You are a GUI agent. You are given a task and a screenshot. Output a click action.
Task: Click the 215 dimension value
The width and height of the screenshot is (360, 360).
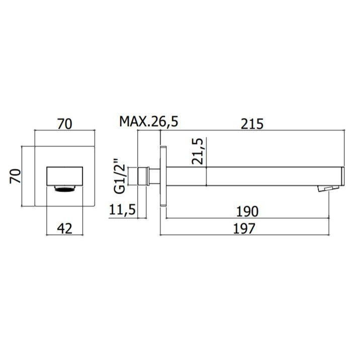252,124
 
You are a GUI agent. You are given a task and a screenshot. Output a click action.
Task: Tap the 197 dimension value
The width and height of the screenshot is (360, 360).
244,228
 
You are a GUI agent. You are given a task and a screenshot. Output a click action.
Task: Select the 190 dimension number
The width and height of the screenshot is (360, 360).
247,212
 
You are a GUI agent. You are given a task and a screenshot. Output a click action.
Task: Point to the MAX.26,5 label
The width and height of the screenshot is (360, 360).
149,122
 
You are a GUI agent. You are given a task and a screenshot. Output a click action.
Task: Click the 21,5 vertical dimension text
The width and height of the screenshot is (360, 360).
198,151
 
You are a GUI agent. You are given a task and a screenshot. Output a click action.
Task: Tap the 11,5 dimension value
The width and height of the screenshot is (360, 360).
122,209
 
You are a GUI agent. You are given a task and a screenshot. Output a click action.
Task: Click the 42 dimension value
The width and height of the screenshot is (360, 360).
65,228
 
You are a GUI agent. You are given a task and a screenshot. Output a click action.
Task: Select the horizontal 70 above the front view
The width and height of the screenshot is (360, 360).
64,124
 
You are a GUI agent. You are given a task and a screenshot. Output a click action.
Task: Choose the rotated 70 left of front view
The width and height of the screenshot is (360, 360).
16,176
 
